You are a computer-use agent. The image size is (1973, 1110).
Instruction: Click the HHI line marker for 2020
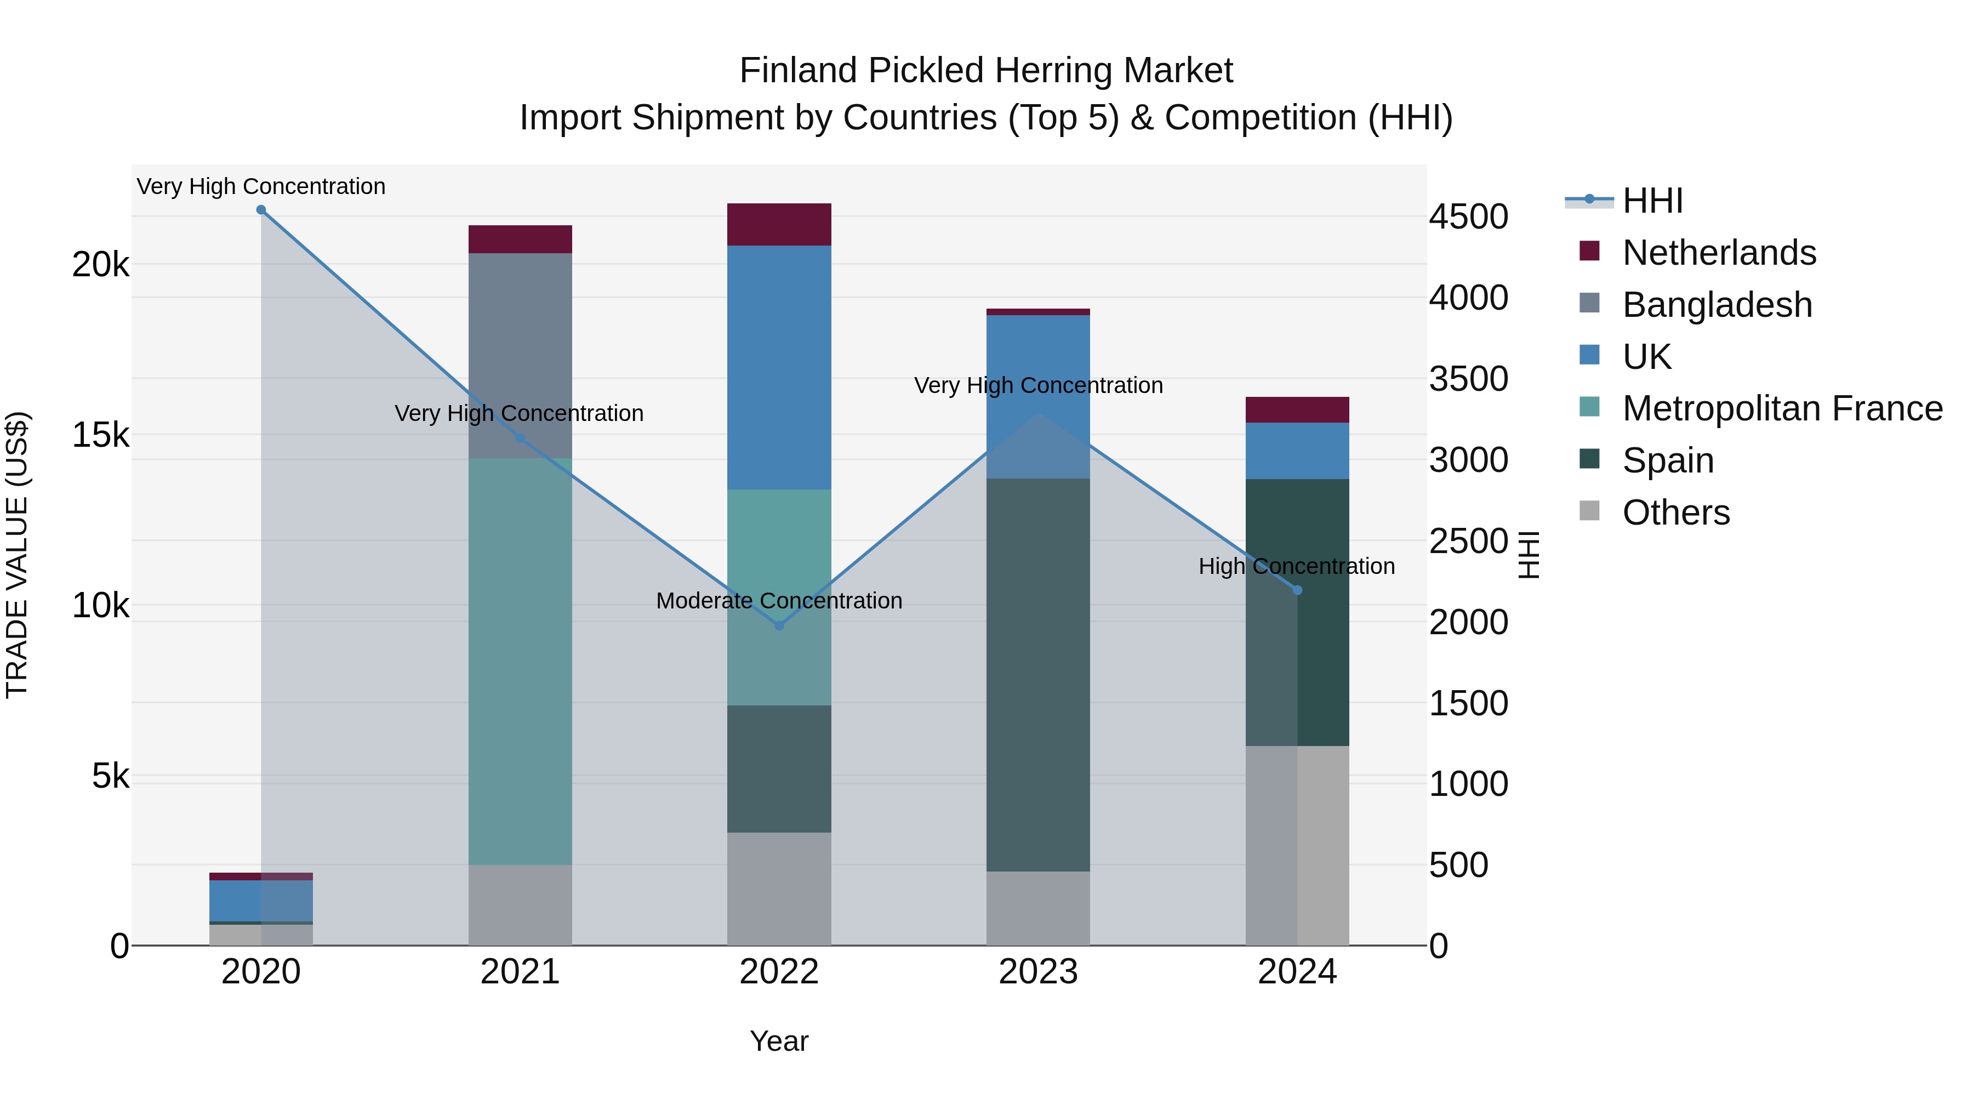(261, 210)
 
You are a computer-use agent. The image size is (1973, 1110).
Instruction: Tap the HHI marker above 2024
(1297, 590)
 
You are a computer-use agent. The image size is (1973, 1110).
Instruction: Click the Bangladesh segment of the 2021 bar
(520, 355)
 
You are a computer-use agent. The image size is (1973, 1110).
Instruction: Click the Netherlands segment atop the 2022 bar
(779, 224)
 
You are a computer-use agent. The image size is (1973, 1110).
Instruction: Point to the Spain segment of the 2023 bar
(1038, 674)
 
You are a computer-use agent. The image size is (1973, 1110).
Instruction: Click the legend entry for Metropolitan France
(1782, 409)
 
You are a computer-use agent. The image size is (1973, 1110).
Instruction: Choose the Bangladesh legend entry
(1717, 305)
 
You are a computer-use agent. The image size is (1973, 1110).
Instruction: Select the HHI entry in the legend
(1652, 201)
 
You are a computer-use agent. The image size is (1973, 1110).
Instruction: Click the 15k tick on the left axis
(100, 435)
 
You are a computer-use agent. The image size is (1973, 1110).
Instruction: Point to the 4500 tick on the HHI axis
(1468, 217)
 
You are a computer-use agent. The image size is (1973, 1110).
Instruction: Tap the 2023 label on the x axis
(1038, 972)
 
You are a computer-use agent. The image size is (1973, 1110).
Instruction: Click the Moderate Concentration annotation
(779, 601)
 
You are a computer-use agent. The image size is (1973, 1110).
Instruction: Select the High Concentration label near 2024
(1296, 566)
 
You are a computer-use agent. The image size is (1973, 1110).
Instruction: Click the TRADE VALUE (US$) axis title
(17, 555)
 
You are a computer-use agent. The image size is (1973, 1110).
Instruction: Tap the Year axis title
(779, 1041)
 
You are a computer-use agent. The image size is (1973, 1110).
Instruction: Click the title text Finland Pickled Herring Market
(986, 71)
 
